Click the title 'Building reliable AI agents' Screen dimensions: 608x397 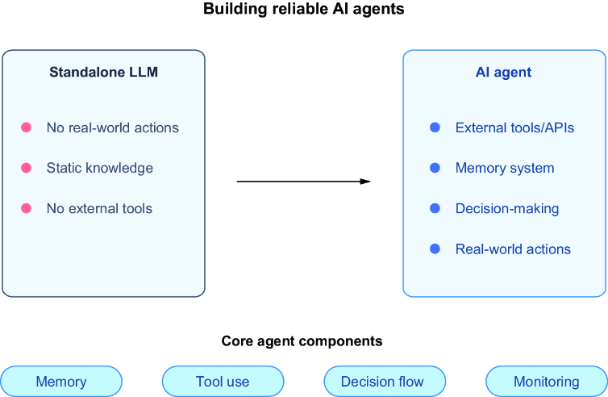[x=304, y=9]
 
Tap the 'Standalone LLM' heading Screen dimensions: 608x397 [x=103, y=72]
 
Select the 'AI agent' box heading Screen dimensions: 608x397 [x=503, y=73]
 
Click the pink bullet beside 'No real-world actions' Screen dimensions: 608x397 [x=26, y=127]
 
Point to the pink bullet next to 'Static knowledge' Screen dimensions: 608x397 [x=26, y=168]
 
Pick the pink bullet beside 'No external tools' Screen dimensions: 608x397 [x=26, y=208]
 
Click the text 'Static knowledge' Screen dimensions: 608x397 [x=100, y=168]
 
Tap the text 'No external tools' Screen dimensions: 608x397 [x=99, y=208]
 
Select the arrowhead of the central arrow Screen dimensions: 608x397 [x=365, y=182]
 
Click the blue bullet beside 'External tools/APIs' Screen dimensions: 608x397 [x=435, y=127]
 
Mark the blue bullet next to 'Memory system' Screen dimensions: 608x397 [x=435, y=168]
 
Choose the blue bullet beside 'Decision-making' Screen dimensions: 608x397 [x=435, y=208]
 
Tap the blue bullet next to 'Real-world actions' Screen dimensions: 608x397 [x=435, y=249]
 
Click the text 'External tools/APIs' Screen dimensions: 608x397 [x=514, y=127]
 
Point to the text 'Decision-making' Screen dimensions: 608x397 [x=507, y=208]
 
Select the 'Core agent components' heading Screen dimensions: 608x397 [x=302, y=341]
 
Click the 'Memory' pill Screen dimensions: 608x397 [x=61, y=382]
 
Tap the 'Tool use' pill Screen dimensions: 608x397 [x=223, y=382]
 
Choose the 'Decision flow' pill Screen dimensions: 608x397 [x=385, y=382]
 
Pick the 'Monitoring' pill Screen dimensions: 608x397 [x=547, y=382]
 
